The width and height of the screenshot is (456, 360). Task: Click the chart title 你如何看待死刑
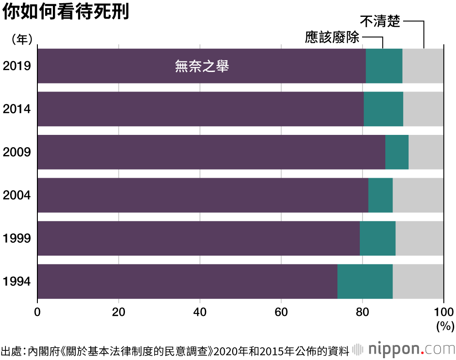(66, 12)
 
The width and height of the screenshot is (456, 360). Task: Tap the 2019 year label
(16, 66)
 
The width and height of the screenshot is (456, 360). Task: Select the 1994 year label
(16, 282)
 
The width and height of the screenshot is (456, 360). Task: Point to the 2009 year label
(16, 152)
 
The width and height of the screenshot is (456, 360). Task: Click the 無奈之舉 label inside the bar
(202, 67)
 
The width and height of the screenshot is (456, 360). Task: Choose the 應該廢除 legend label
(332, 38)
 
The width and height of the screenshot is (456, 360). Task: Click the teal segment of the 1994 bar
(365, 282)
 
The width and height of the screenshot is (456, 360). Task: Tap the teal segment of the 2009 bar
(397, 152)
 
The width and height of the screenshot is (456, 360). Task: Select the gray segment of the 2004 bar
(418, 195)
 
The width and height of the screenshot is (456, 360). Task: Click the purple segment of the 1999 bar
(198, 238)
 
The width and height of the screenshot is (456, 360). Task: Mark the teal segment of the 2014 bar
(383, 109)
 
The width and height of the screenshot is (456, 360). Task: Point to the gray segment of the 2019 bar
(423, 66)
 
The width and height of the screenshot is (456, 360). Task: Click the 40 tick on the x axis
(200, 312)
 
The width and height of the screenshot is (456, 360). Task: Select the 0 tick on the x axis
(37, 312)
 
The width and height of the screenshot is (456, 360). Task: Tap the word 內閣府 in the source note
(40, 351)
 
